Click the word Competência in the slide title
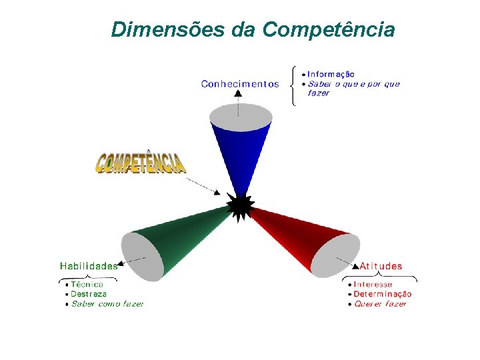click(x=329, y=30)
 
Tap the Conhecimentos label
click(x=240, y=84)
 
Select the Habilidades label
click(x=88, y=265)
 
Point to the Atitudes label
click(x=381, y=266)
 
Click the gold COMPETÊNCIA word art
click(x=141, y=163)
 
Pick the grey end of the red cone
click(x=336, y=255)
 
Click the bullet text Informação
click(x=331, y=74)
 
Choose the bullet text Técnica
click(x=87, y=284)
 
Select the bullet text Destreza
click(x=89, y=294)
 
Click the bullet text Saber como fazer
click(x=107, y=304)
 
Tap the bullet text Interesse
click(x=373, y=285)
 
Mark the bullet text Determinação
click(x=382, y=294)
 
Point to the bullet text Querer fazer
click(x=380, y=304)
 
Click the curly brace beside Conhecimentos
click(x=294, y=85)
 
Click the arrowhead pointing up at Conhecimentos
click(x=239, y=94)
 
